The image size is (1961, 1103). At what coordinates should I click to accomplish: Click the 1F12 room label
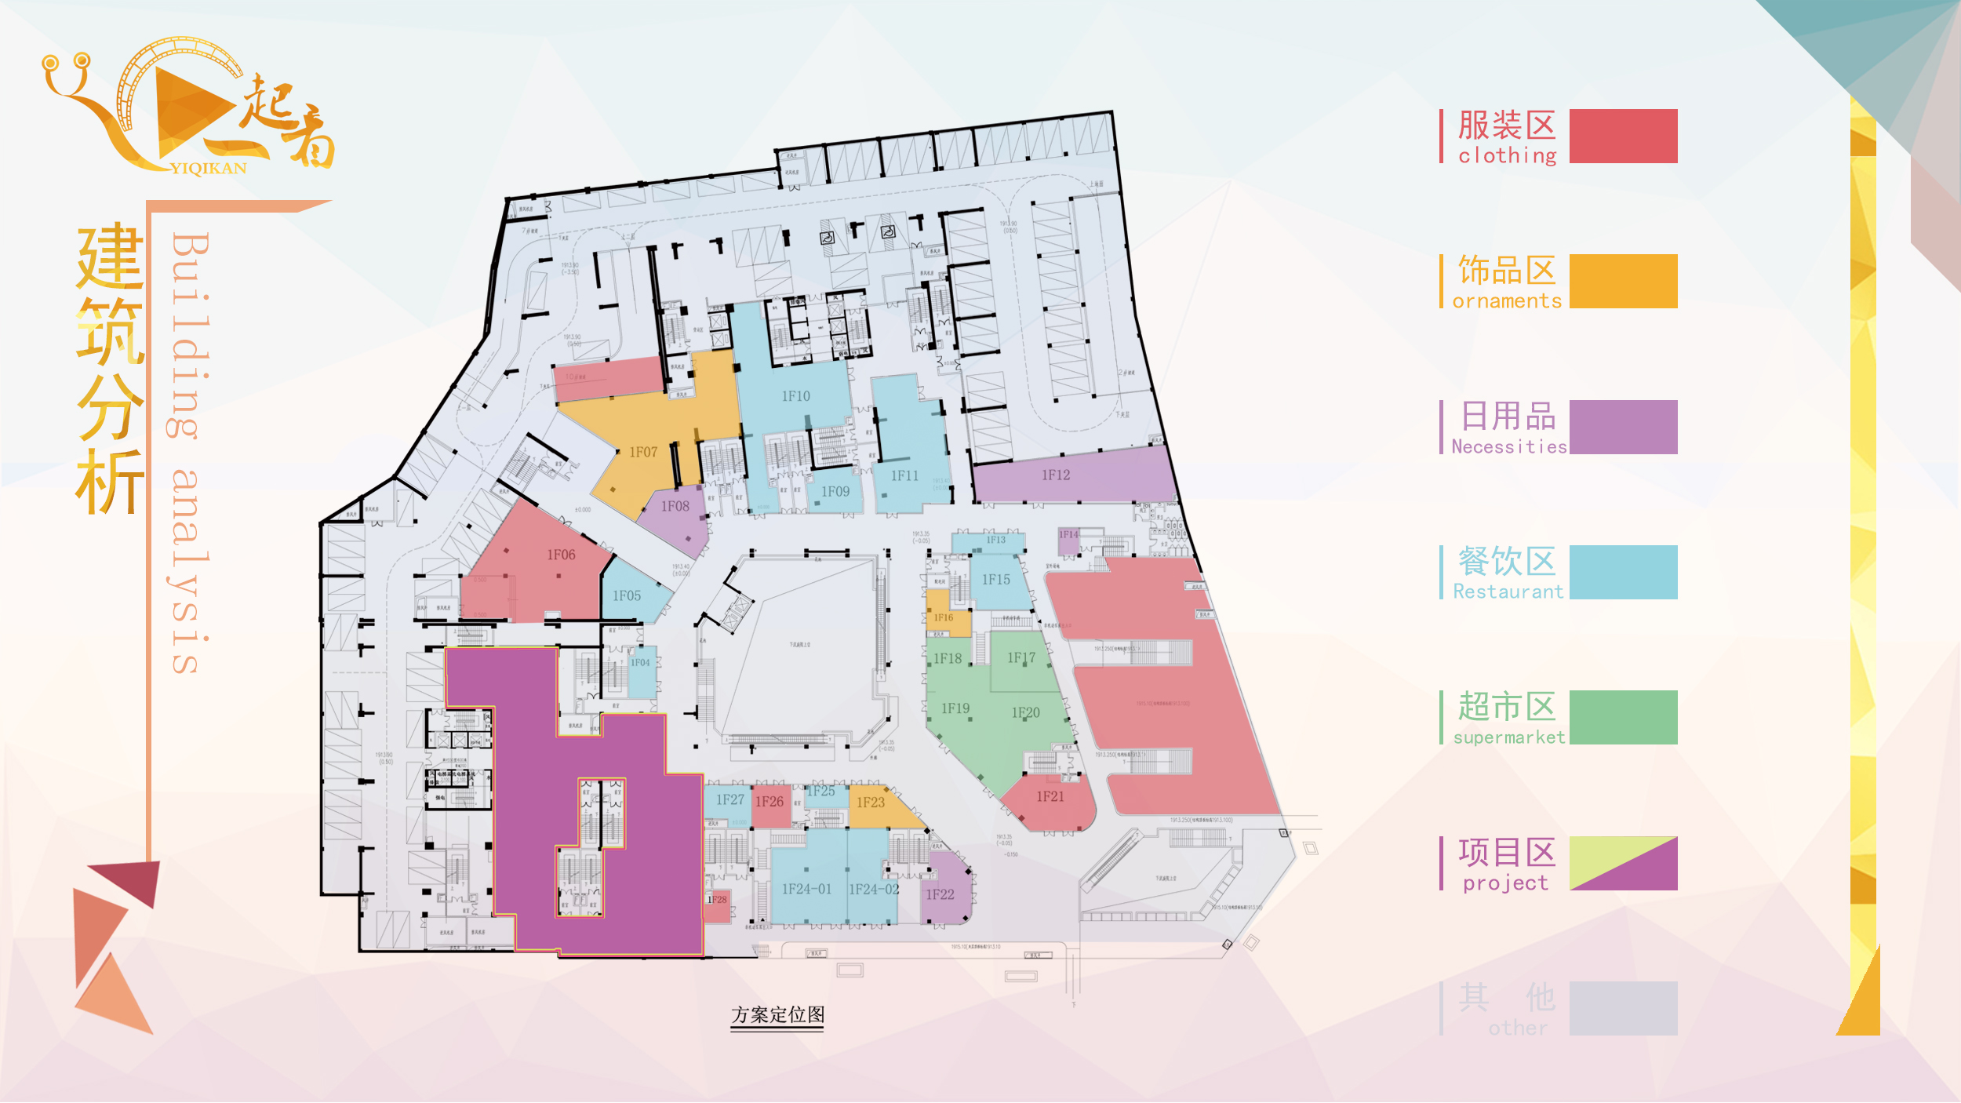coord(1056,475)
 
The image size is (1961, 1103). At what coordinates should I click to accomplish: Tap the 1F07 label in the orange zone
coord(643,453)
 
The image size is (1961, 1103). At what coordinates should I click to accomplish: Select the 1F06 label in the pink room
coord(561,555)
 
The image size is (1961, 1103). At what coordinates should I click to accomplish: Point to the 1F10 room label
coord(795,397)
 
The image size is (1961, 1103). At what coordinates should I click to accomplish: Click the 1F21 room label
coord(1050,797)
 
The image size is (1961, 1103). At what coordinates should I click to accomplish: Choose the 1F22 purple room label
coord(940,895)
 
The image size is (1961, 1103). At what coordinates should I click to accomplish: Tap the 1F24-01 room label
coord(806,890)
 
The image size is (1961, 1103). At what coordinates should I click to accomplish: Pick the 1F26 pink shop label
coord(769,802)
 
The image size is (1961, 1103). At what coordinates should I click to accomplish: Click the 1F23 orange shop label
coord(871,803)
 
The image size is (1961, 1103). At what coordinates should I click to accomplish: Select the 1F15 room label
coord(996,580)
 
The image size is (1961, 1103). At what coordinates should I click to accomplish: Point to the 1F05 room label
coord(627,596)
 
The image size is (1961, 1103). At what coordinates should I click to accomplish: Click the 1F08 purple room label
coord(675,507)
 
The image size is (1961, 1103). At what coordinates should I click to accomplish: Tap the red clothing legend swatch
coord(1623,137)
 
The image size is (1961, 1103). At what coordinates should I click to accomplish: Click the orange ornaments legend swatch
coord(1623,282)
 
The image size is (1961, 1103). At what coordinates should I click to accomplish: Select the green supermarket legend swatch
coord(1623,718)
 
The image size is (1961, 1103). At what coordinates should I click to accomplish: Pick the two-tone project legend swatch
coord(1623,864)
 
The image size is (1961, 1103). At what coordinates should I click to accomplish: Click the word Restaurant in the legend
coord(1508,592)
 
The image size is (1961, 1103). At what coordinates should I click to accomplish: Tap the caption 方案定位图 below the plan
coord(777,1015)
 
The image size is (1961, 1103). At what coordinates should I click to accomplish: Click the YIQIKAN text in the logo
coord(208,169)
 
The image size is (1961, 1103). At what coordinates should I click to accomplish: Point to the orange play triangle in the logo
coord(188,110)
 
